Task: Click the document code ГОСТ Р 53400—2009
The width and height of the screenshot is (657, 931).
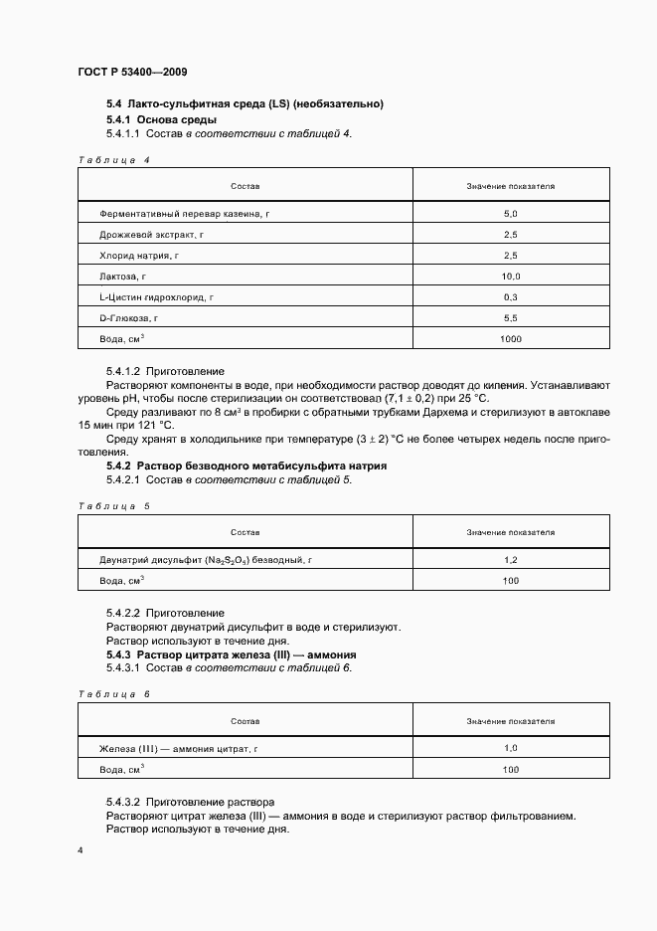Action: [x=131, y=73]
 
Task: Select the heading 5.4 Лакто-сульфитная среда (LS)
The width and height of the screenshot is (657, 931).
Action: [x=245, y=104]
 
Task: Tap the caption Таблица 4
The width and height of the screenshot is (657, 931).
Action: [x=113, y=159]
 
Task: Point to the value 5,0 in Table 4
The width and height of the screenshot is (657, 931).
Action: [x=511, y=214]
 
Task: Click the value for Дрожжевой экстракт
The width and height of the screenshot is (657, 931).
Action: [x=511, y=235]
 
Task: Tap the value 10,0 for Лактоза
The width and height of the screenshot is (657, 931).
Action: [x=511, y=277]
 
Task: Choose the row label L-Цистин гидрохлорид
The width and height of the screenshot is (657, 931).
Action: [x=157, y=297]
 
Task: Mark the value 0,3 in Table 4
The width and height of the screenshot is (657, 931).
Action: [x=511, y=297]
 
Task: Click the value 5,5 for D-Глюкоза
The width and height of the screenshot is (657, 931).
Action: [x=511, y=318]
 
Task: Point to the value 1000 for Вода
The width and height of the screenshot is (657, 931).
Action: [x=511, y=339]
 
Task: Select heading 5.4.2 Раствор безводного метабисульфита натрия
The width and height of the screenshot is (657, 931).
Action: [x=246, y=465]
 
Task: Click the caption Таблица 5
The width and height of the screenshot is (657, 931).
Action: [x=113, y=506]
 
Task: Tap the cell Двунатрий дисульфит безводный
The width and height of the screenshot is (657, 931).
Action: [x=206, y=561]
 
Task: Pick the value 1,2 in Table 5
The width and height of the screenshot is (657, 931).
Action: [x=511, y=561]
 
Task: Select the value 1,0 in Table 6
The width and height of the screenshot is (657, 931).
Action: [x=511, y=748]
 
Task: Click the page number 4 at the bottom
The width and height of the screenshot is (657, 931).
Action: [x=81, y=850]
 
